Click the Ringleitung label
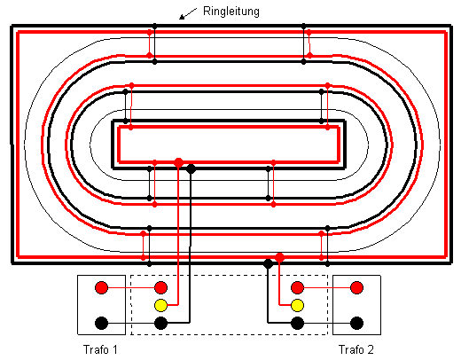pyautogui.click(x=231, y=12)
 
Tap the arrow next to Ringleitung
pyautogui.click(x=188, y=13)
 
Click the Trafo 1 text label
pyautogui.click(x=100, y=349)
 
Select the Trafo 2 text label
pyautogui.click(x=356, y=349)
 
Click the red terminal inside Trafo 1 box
pyautogui.click(x=101, y=287)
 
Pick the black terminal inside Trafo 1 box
pyautogui.click(x=101, y=323)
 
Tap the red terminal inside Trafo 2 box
pyautogui.click(x=356, y=287)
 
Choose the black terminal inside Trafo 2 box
pyautogui.click(x=356, y=323)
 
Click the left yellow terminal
pyautogui.click(x=161, y=305)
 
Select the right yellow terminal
pyautogui.click(x=297, y=305)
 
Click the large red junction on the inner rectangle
pyautogui.click(x=178, y=162)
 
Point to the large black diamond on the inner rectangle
pyautogui.click(x=191, y=168)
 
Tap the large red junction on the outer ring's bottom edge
pyautogui.click(x=279, y=257)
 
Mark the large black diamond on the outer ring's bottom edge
pyautogui.click(x=268, y=263)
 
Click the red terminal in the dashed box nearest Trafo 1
pyautogui.click(x=161, y=287)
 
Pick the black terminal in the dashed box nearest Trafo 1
pyautogui.click(x=161, y=323)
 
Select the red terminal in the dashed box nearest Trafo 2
pyautogui.click(x=297, y=287)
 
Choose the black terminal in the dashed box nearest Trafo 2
pyautogui.click(x=297, y=323)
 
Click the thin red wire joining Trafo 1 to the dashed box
pyautogui.click(x=131, y=287)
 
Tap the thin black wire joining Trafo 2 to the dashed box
pyautogui.click(x=327, y=323)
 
